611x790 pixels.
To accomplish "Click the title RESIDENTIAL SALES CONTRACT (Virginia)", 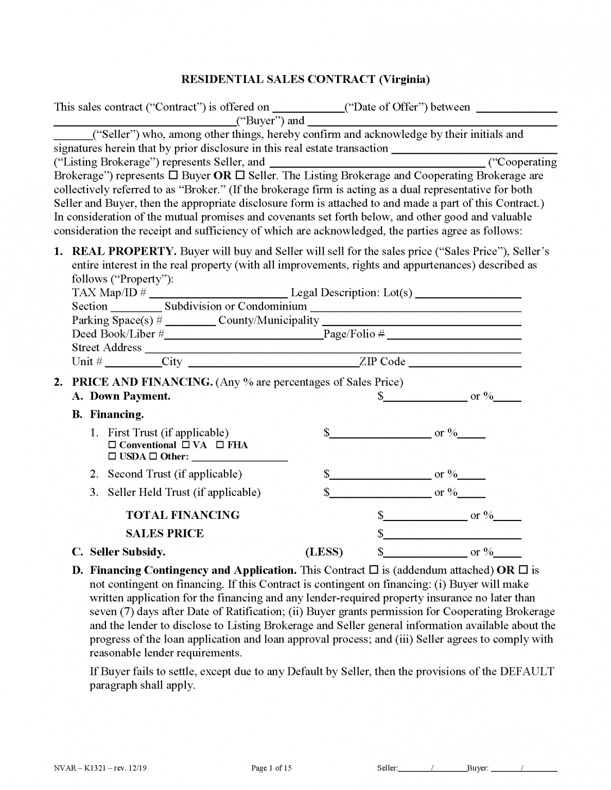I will tap(305, 79).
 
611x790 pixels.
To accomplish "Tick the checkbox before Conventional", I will tap(112, 445).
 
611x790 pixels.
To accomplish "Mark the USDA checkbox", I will tap(112, 457).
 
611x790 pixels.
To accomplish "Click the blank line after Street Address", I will tap(333, 349).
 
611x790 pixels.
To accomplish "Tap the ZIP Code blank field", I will tap(465, 363).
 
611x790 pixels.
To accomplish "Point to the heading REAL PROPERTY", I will tap(124, 252).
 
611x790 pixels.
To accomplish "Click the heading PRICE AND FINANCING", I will tap(142, 382).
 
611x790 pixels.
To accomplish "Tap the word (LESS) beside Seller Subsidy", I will tap(324, 552).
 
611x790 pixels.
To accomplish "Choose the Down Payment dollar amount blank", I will tap(425, 397).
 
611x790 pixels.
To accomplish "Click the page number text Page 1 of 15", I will tap(271, 768).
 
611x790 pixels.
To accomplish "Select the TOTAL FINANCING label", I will tap(183, 515).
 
